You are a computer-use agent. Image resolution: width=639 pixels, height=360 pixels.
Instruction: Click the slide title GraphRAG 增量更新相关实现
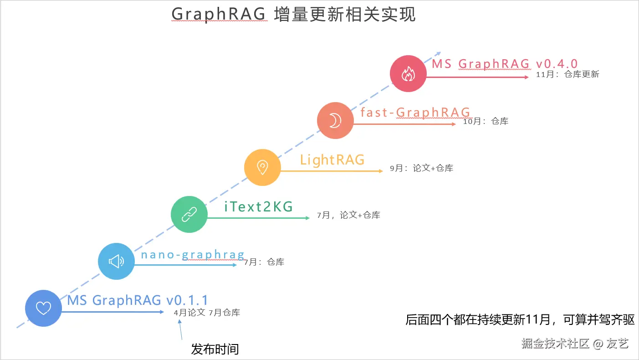pyautogui.click(x=293, y=15)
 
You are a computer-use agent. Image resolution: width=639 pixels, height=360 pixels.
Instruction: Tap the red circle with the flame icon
pyautogui.click(x=408, y=74)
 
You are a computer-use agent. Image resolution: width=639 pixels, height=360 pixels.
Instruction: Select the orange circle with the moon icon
pyautogui.click(x=335, y=120)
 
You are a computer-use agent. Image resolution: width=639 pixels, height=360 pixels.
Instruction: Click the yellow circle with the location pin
pyautogui.click(x=262, y=167)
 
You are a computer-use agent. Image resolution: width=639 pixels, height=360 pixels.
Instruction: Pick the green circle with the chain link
pyautogui.click(x=189, y=214)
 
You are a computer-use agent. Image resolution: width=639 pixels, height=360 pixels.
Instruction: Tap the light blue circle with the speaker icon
pyautogui.click(x=117, y=261)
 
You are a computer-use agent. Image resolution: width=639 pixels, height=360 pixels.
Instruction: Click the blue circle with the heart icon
pyautogui.click(x=43, y=309)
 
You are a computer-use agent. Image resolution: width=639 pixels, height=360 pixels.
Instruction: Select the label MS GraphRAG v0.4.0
pyautogui.click(x=505, y=64)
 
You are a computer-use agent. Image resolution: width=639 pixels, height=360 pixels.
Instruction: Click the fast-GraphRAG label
pyautogui.click(x=415, y=112)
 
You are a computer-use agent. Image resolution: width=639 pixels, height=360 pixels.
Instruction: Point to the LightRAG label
pyautogui.click(x=332, y=160)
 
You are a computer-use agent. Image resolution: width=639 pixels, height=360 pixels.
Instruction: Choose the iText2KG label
pyautogui.click(x=259, y=207)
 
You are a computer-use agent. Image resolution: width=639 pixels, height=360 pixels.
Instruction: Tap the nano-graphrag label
pyautogui.click(x=193, y=254)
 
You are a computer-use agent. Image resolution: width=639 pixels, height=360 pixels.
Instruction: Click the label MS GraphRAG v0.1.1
pyautogui.click(x=138, y=300)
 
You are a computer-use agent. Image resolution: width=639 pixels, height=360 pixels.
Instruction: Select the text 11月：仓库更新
pyautogui.click(x=567, y=74)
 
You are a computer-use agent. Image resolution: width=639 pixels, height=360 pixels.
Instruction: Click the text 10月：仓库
pyautogui.click(x=486, y=121)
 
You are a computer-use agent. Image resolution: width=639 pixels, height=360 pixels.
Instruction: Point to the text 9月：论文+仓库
pyautogui.click(x=421, y=168)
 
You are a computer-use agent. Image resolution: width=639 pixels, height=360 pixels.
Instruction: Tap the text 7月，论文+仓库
pyautogui.click(x=348, y=215)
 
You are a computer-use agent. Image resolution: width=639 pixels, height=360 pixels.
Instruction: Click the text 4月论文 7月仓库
pyautogui.click(x=207, y=313)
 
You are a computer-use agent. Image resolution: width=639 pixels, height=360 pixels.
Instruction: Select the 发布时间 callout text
pyautogui.click(x=215, y=350)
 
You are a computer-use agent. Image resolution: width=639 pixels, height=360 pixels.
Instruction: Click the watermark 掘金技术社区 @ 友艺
pyautogui.click(x=575, y=344)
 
